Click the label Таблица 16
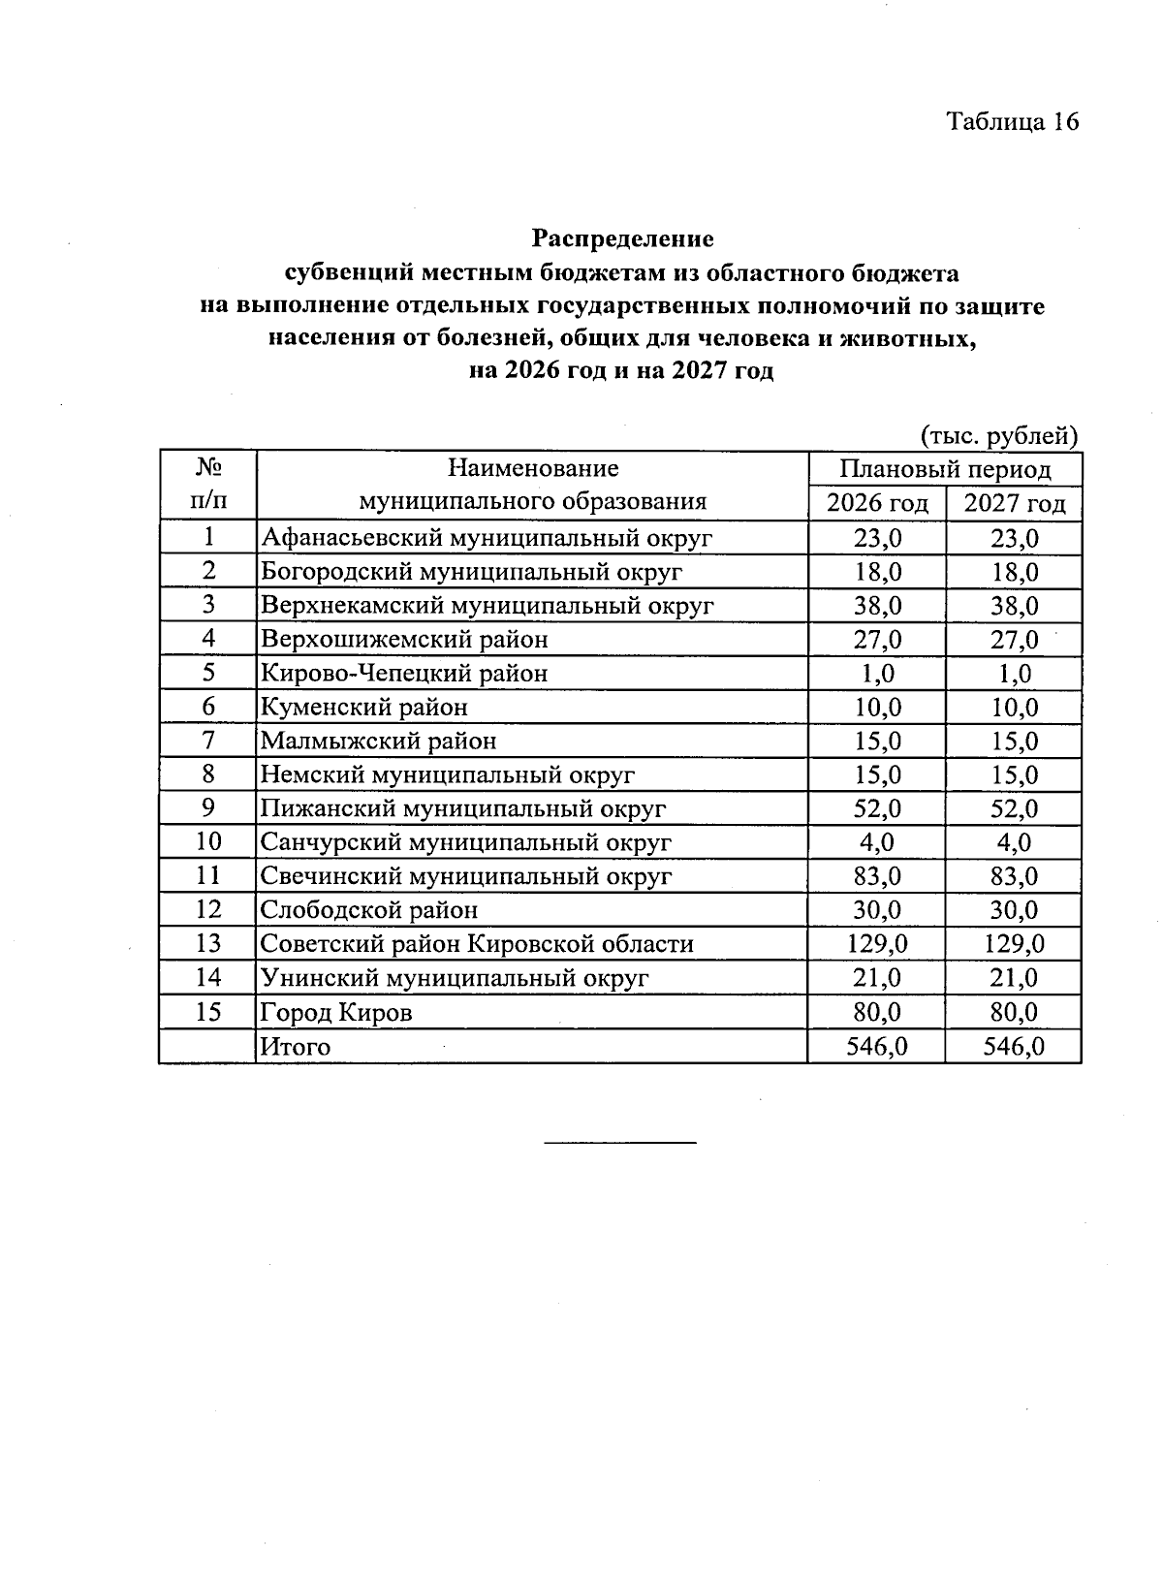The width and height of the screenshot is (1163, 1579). [x=1012, y=121]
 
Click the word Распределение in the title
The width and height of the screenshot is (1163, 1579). [x=622, y=238]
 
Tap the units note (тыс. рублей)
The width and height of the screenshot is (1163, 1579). [x=998, y=436]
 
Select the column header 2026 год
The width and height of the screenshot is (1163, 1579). [x=877, y=503]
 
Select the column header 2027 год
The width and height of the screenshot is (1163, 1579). [x=1014, y=503]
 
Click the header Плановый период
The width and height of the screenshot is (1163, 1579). [x=945, y=470]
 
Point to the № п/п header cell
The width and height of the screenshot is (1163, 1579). [x=208, y=485]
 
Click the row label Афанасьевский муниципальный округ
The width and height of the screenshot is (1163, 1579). [x=487, y=538]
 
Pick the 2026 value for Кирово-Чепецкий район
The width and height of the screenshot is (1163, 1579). [x=877, y=674]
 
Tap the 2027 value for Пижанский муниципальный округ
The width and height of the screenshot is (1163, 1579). [x=1014, y=808]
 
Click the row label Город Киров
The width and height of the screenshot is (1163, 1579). [x=336, y=1013]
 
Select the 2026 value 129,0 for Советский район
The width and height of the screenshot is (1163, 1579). [x=877, y=944]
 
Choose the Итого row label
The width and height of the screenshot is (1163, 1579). [x=295, y=1047]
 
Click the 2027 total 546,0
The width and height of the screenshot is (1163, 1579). [x=1014, y=1047]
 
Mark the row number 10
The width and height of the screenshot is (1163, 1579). [x=208, y=842]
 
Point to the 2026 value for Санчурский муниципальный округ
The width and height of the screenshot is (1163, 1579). [x=877, y=842]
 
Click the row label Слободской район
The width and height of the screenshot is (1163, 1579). [x=368, y=910]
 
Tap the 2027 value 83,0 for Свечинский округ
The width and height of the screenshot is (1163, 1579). [x=1014, y=876]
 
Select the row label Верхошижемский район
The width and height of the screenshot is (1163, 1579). [x=404, y=640]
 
